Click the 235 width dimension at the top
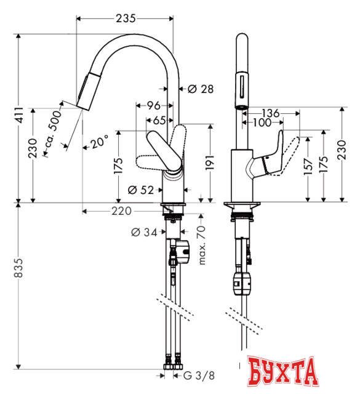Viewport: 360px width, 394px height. pyautogui.click(x=126, y=18)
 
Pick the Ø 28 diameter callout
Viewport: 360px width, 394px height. pyautogui.click(x=198, y=89)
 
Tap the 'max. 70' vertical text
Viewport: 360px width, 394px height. pyautogui.click(x=201, y=245)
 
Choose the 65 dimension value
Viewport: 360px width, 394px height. pyautogui.click(x=159, y=120)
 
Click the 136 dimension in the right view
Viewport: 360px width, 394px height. pyautogui.click(x=270, y=113)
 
